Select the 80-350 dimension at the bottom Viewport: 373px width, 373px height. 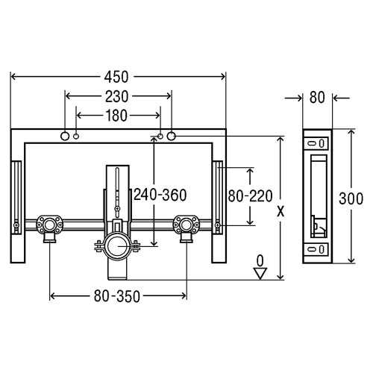coord(118,296)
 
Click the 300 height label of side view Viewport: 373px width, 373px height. coord(360,198)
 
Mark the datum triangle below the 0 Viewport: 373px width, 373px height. coord(260,273)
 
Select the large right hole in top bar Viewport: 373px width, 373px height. coord(172,137)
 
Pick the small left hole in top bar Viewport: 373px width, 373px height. coord(78,137)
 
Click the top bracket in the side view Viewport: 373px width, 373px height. coord(316,142)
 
